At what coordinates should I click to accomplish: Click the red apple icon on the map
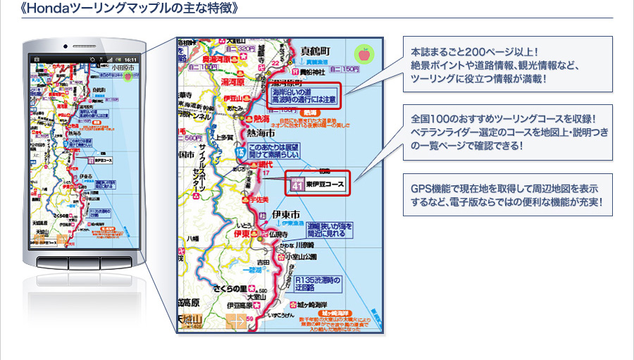pos(364,54)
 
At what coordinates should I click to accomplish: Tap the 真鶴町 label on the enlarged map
pos(315,51)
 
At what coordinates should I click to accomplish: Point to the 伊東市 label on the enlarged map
pos(286,213)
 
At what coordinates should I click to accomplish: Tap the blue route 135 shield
pos(240,150)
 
